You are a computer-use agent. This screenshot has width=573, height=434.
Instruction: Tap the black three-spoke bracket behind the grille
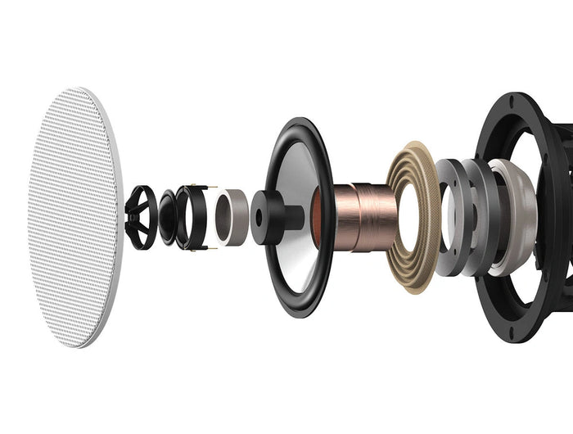(x=140, y=216)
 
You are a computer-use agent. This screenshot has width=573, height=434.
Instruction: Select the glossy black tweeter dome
(x=167, y=217)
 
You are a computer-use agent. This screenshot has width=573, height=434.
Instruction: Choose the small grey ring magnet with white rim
(x=231, y=215)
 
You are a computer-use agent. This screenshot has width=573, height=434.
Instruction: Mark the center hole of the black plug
(x=259, y=218)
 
